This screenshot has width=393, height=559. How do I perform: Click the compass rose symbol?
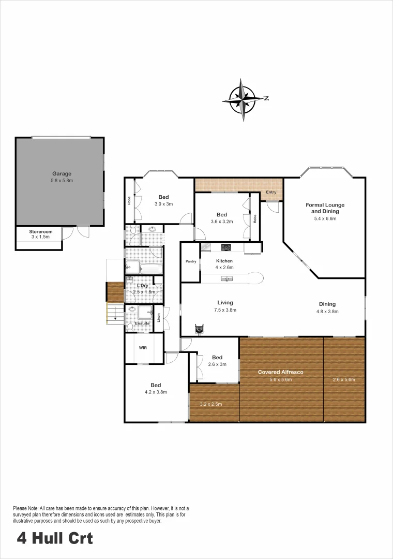(243, 99)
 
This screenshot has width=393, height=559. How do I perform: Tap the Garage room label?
(62, 177)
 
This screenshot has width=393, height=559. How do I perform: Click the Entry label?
(271, 193)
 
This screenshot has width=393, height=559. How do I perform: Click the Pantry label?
(190, 261)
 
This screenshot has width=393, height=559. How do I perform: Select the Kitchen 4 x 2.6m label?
(224, 264)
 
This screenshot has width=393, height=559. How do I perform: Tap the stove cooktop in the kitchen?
(226, 247)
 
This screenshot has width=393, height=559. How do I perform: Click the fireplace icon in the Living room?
(199, 329)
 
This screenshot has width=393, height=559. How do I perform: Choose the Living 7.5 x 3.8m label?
(225, 306)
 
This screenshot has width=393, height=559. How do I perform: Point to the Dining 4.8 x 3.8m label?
(327, 307)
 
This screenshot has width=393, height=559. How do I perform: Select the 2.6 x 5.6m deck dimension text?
(344, 379)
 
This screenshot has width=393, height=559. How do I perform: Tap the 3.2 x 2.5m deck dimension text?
(211, 404)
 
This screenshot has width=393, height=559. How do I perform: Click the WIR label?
(143, 347)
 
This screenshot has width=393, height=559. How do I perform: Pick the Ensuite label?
(142, 323)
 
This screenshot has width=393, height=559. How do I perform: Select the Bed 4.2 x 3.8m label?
(156, 388)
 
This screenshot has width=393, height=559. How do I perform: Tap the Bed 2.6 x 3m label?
(217, 361)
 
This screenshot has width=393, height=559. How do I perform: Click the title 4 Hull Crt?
(55, 538)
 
